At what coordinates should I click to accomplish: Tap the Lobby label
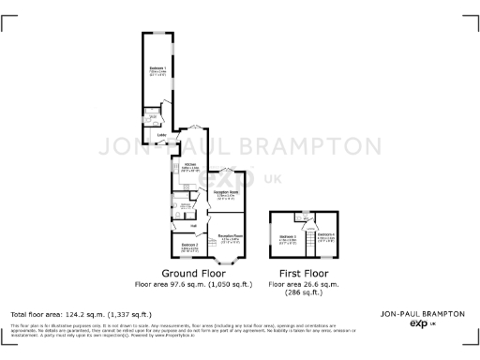point(161,136)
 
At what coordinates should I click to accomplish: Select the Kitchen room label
point(190,165)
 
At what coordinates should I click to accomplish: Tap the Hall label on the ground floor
point(194,225)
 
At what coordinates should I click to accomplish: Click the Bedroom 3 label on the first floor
point(289,235)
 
